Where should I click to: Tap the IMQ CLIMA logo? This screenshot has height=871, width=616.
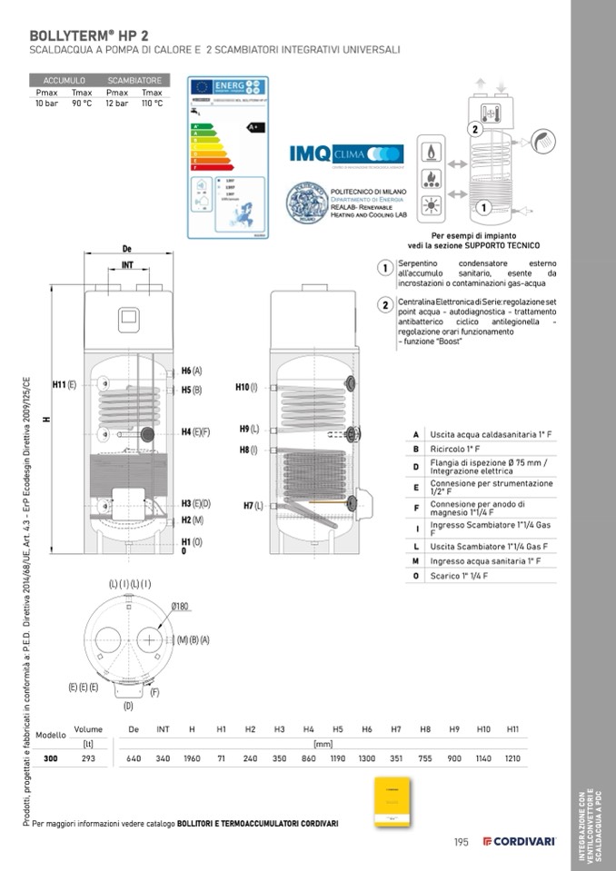pos(346,153)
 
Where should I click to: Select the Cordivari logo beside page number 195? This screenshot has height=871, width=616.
pos(519,841)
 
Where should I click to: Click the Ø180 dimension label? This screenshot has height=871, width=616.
pos(181,606)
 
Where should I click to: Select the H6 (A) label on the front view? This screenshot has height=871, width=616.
pos(191,371)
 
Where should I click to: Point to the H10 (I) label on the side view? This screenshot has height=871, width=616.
pos(246,388)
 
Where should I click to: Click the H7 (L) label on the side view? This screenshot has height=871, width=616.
pos(253,505)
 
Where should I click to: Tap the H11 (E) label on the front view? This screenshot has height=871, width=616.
pos(65,385)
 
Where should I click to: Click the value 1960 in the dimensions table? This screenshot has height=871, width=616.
pos(192,757)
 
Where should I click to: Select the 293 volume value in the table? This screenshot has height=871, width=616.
pos(88,757)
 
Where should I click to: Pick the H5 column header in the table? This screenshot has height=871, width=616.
pos(338,729)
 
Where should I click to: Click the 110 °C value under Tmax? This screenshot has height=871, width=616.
pos(152,104)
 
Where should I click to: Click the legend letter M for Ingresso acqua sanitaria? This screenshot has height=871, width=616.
pos(415,561)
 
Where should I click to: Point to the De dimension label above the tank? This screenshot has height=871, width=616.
pos(128,250)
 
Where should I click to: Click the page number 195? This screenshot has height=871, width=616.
pos(461,842)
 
